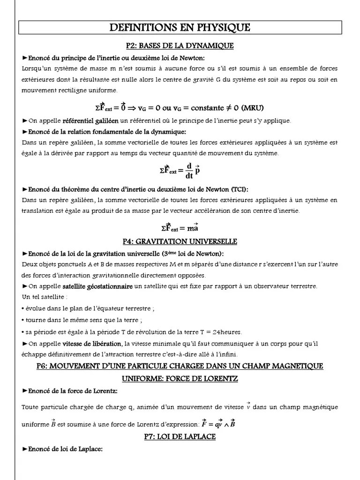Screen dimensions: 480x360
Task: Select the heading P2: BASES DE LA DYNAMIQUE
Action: coord(180,46)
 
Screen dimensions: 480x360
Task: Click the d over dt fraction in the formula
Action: coord(189,170)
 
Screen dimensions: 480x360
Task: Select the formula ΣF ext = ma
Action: coord(180,228)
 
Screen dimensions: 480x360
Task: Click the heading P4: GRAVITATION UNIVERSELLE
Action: coord(180,241)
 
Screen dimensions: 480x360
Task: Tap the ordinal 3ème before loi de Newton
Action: coord(169,254)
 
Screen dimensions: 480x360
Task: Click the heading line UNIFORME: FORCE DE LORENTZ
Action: coord(180,378)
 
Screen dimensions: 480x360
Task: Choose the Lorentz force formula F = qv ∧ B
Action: coord(218,425)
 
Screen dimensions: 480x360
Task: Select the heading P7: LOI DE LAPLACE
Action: coord(180,436)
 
